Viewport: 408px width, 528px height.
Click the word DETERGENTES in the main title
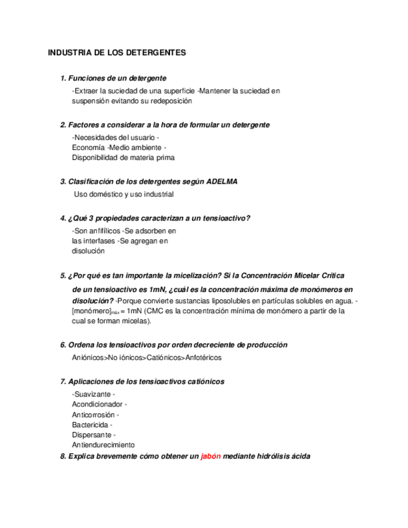(156, 53)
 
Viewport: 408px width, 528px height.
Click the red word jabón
(211, 456)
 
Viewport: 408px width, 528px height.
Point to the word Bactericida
(91, 425)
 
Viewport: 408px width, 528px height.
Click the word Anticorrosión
(94, 415)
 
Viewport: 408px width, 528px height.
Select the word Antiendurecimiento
(103, 445)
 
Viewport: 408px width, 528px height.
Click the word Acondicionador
(98, 404)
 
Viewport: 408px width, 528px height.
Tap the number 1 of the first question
(63, 78)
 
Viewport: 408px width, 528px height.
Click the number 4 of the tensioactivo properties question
(63, 218)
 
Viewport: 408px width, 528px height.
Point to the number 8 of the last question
(63, 456)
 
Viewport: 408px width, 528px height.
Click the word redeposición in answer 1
(172, 100)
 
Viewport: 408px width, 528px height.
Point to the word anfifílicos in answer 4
(100, 231)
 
